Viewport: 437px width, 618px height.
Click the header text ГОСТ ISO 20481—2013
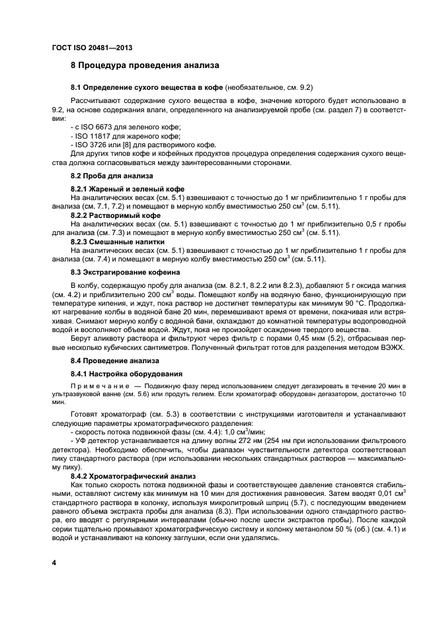pos(93,47)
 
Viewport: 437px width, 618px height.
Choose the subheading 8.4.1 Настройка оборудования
pos(122,374)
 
